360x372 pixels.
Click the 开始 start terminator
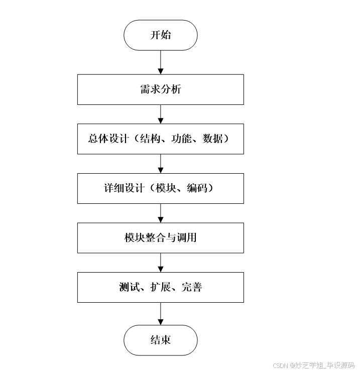point(161,35)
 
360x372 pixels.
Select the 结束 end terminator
point(161,340)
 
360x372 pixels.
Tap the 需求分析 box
point(161,90)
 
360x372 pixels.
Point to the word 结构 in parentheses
point(149,139)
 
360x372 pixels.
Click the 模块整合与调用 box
point(161,238)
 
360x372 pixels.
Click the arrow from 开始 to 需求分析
point(161,62)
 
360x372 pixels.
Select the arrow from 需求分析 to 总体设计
point(161,114)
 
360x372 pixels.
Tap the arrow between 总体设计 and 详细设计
point(161,164)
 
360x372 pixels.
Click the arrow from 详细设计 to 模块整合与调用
point(161,213)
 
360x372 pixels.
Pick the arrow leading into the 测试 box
point(161,263)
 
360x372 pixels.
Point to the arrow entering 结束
point(161,314)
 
